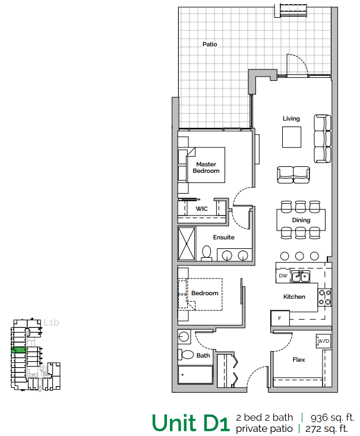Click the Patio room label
[210, 44]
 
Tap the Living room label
[291, 118]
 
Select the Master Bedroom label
[206, 168]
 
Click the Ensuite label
[223, 237]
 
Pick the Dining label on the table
[301, 220]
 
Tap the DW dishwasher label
[282, 276]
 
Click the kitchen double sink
[300, 276]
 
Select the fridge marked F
[280, 318]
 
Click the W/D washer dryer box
[323, 342]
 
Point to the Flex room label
[298, 360]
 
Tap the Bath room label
[203, 356]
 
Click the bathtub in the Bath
[195, 375]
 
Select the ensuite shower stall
[188, 244]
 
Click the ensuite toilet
[206, 253]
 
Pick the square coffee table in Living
[291, 138]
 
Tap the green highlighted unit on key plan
[17, 350]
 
